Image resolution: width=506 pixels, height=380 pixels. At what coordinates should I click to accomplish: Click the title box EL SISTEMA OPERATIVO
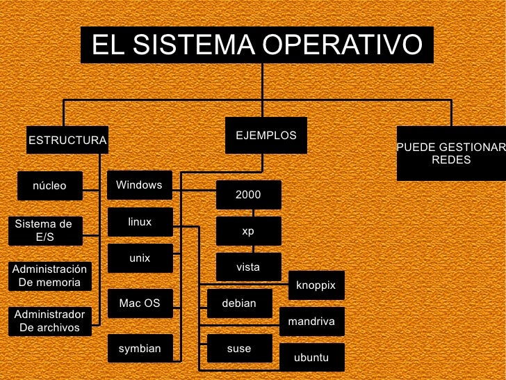(x=257, y=45)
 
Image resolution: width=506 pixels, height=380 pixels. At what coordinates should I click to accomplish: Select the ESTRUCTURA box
(x=67, y=141)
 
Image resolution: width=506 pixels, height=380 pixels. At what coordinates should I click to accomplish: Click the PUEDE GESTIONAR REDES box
(x=451, y=154)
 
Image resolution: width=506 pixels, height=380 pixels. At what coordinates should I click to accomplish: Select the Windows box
(x=140, y=185)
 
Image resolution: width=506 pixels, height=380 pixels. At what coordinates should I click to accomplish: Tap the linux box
(x=140, y=222)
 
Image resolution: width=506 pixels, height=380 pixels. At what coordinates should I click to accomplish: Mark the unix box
(x=140, y=258)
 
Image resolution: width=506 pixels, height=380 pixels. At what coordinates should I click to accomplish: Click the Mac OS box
(x=140, y=303)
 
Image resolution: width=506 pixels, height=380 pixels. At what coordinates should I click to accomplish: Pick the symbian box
(x=140, y=349)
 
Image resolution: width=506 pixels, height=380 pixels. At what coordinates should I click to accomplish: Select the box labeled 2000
(x=249, y=195)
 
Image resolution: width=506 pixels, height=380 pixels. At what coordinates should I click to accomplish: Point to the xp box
(x=248, y=231)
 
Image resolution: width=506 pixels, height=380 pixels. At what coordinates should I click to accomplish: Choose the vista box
(x=248, y=267)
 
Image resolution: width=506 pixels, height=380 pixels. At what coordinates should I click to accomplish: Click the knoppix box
(x=316, y=285)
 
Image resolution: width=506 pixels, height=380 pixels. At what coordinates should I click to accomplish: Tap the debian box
(x=239, y=303)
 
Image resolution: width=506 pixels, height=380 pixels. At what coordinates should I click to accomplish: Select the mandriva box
(x=311, y=322)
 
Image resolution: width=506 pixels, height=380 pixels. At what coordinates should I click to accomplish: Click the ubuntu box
(x=311, y=358)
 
